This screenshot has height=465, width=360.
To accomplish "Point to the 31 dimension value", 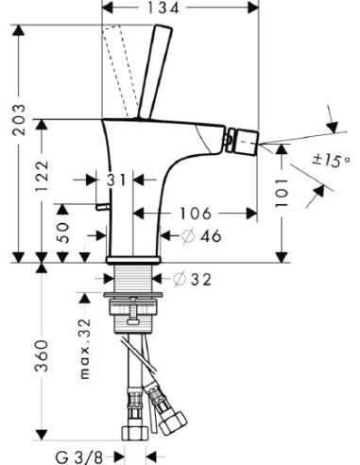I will [x=118, y=181].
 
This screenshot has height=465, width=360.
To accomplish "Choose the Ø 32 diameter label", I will [x=193, y=279].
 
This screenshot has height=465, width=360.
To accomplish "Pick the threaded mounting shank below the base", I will [x=133, y=280].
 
